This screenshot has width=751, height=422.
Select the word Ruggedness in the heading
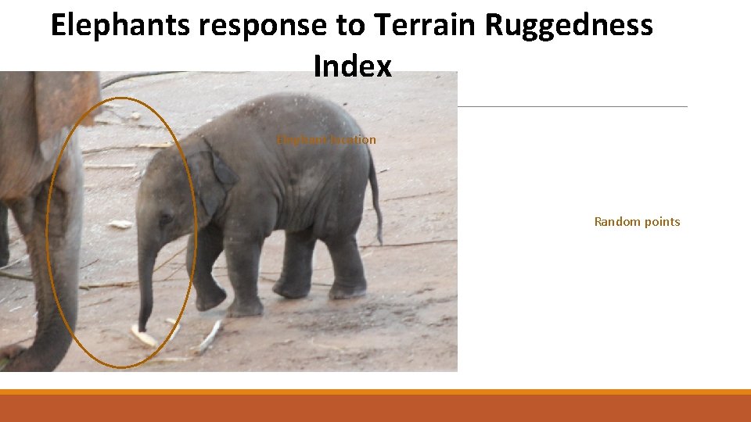pos(569,26)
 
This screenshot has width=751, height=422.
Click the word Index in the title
pos(352,66)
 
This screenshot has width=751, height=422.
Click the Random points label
pos(637,222)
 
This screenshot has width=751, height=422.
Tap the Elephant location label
pos(326,140)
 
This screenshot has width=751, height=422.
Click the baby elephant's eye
pos(165,219)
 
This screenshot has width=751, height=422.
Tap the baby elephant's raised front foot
pos(210,298)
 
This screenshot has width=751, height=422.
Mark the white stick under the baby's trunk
pos(143,337)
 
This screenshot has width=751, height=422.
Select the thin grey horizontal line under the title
pos(571,106)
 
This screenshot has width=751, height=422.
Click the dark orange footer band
pos(375,408)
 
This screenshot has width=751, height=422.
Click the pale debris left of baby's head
pos(120,224)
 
